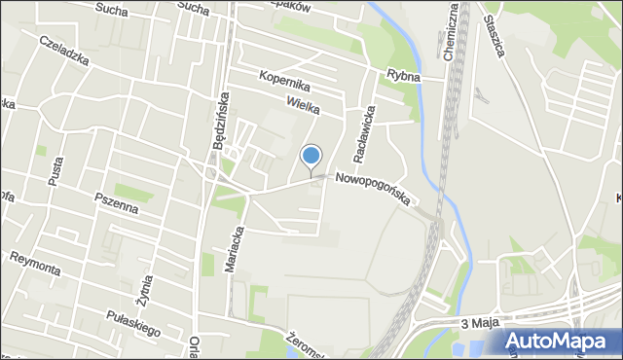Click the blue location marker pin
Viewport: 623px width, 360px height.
[x=311, y=156]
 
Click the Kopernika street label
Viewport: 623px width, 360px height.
[x=284, y=80]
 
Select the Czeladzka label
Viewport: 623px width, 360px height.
[x=64, y=52]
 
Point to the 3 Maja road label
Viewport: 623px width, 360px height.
[x=477, y=323]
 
